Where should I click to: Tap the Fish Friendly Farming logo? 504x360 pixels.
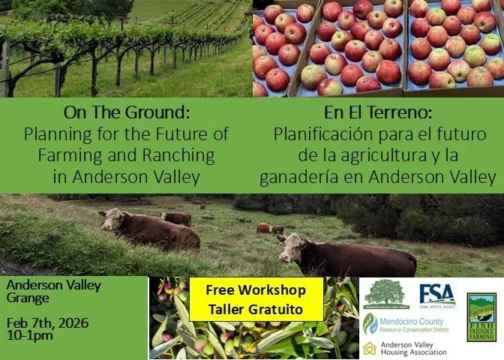481,316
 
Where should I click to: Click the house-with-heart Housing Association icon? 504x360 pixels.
369,347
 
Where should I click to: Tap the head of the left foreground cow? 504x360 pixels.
112,220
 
